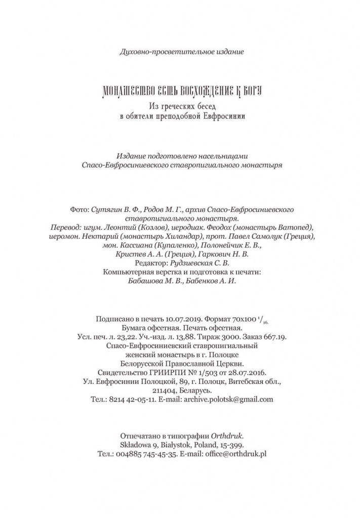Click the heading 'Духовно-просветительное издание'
click(x=181, y=52)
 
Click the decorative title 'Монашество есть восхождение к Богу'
click(x=180, y=92)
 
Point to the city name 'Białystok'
click(x=174, y=445)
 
